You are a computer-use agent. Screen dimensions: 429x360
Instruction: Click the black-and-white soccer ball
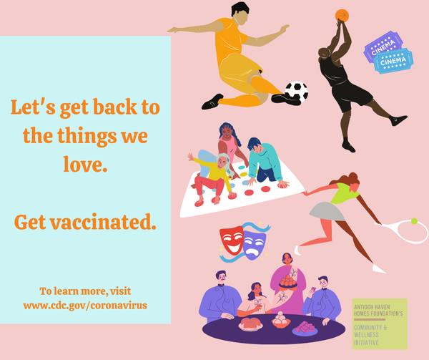pos(297,92)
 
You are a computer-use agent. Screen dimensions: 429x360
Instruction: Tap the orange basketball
pos(342,16)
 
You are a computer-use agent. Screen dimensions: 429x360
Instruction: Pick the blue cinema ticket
pos(393,61)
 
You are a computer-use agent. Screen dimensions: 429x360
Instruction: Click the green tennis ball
pos(414,221)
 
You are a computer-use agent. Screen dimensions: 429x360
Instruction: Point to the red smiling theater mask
pos(232,240)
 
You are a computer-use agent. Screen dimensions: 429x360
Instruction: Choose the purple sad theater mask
pos(255,245)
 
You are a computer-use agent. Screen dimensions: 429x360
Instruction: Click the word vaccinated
pos(103,222)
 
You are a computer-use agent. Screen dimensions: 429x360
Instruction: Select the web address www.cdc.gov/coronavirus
pos(85,305)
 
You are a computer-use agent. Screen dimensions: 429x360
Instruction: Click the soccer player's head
pos(240,14)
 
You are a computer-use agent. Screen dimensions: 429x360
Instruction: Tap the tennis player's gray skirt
pos(326,212)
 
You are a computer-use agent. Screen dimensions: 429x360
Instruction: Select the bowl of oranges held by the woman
pos(288,282)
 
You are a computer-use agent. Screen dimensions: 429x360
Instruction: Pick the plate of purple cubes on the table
pos(305,329)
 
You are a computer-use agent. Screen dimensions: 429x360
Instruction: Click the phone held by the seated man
pos(314,289)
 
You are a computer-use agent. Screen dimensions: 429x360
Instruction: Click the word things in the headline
pos(87,136)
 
